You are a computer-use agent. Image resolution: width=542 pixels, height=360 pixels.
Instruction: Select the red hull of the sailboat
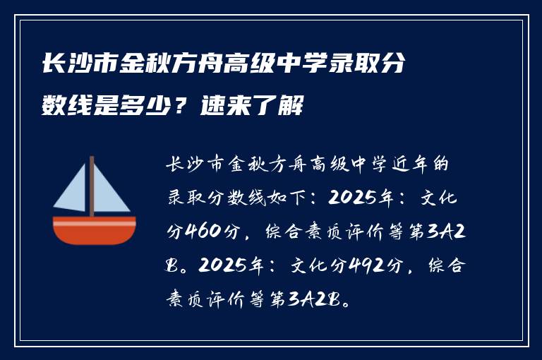(x=94, y=231)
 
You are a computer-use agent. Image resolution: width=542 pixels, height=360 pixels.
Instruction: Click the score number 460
(x=203, y=232)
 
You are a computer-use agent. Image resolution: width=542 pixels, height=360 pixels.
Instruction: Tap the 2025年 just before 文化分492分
(x=233, y=266)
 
